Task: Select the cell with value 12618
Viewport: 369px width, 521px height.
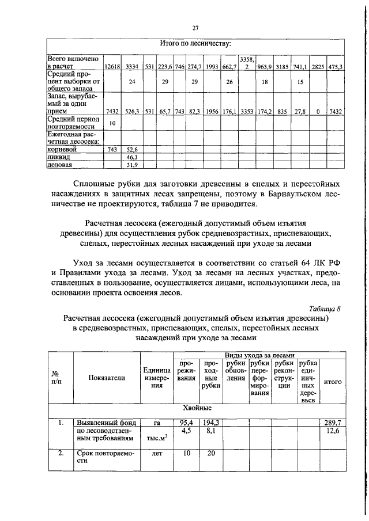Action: (112, 67)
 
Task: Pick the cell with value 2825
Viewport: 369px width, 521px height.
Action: (318, 67)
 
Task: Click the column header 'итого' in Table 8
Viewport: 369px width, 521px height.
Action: (332, 381)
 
